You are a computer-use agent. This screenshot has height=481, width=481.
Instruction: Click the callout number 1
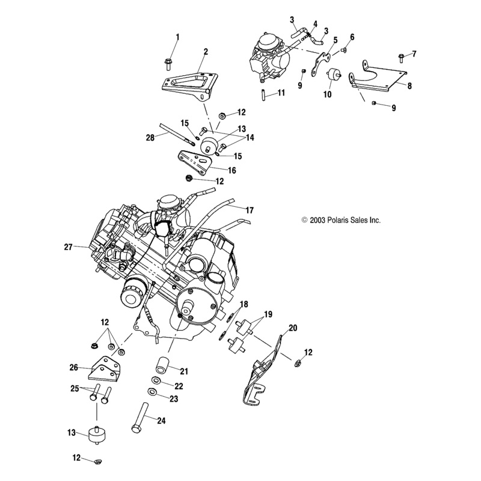click(x=177, y=37)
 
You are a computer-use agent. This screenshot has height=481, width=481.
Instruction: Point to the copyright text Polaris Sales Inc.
click(x=341, y=221)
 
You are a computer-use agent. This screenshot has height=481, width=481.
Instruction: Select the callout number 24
click(x=161, y=420)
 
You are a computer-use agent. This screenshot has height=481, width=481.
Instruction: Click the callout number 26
click(x=74, y=367)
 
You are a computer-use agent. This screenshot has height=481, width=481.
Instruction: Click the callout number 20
click(x=293, y=328)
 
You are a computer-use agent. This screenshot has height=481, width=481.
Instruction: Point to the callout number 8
click(x=409, y=86)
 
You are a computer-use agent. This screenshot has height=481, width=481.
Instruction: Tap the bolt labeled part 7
click(x=401, y=58)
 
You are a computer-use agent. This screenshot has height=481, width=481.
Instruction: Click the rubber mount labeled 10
click(x=332, y=77)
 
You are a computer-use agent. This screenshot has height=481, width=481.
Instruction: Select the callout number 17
click(x=250, y=210)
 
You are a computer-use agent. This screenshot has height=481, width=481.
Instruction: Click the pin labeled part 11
click(x=263, y=94)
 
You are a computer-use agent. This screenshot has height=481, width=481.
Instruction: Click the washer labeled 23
click(x=155, y=393)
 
